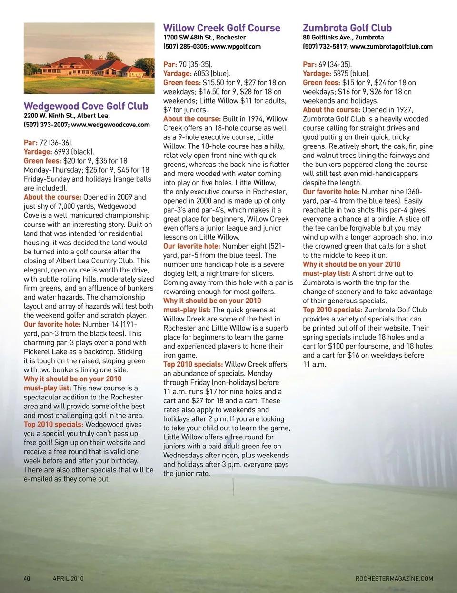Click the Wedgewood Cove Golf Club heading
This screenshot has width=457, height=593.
click(x=86, y=106)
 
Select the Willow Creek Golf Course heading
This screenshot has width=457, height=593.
click(x=221, y=28)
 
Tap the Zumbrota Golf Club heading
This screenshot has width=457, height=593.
click(x=347, y=28)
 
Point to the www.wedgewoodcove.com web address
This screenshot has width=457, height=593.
click(x=110, y=125)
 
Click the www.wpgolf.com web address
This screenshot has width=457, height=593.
click(x=236, y=46)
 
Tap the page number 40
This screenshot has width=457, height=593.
click(x=27, y=578)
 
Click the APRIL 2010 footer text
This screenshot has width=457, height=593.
click(x=68, y=578)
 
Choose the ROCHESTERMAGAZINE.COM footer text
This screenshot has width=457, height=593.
click(x=394, y=578)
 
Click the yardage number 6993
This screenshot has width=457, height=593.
click(x=62, y=152)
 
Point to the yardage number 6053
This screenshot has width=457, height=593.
click(x=201, y=73)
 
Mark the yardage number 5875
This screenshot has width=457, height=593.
click(x=341, y=73)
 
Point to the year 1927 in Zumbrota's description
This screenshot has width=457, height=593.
click(x=404, y=110)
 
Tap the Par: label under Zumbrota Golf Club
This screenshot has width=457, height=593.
click(x=309, y=64)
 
